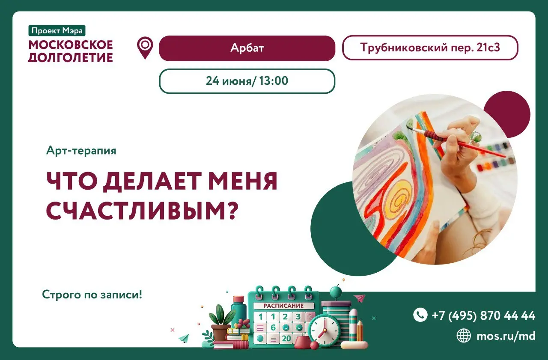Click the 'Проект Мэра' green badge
pos(57,30)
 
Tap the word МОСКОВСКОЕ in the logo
pos(71,45)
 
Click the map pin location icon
pos(145,48)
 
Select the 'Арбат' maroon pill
pos(247,48)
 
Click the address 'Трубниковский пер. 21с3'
pos(430,48)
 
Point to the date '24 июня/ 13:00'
pos(247,81)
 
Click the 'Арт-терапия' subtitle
pos(81,151)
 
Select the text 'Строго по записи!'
pos(92,295)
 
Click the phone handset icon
pos(420,315)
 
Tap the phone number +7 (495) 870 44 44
pos(483,315)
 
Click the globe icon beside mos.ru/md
pos(464,336)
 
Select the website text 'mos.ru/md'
pos(506,336)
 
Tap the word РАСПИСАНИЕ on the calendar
pos(283,306)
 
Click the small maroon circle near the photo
pos(506,114)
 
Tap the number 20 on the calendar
pos(286,338)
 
